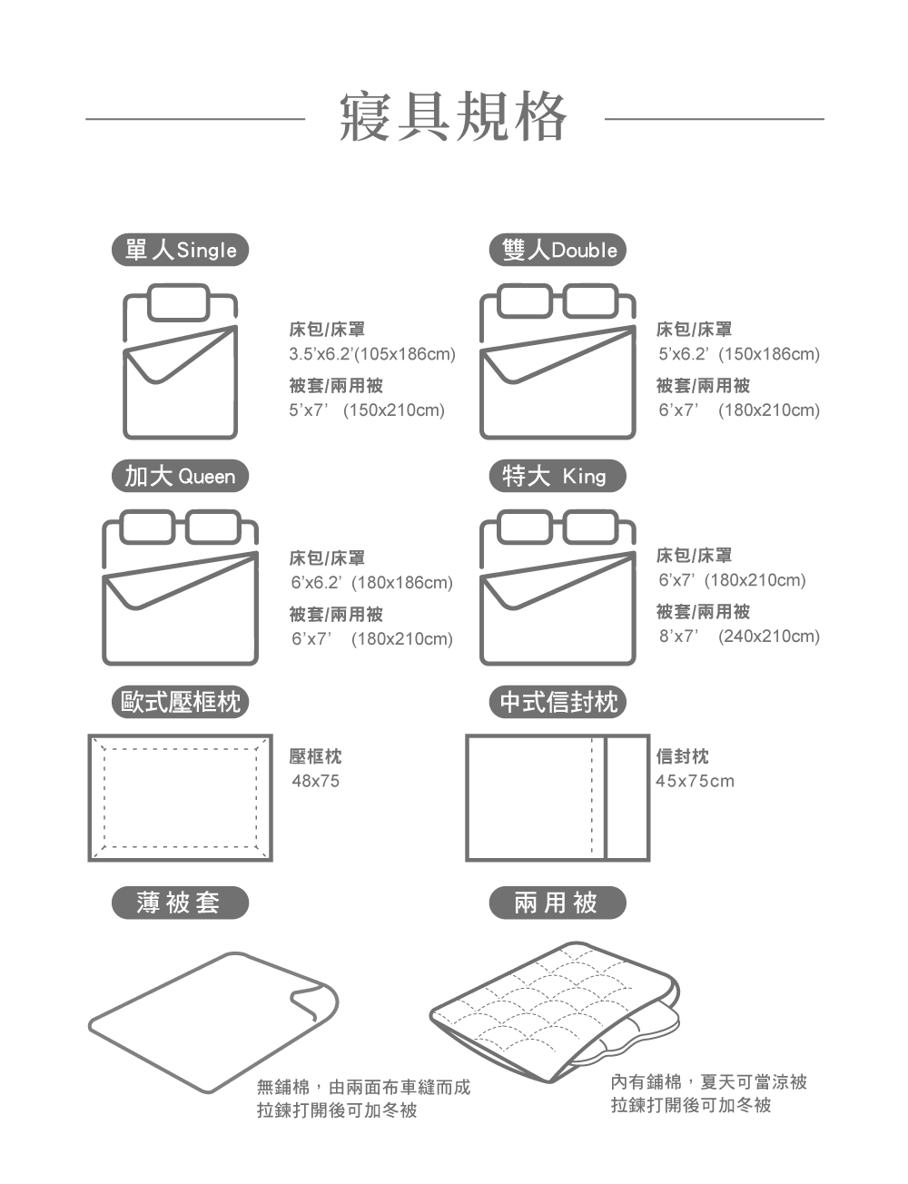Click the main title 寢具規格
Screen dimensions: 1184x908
click(453, 117)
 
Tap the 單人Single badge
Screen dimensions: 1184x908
click(180, 250)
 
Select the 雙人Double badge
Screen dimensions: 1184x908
click(558, 250)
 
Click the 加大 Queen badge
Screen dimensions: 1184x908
click(180, 476)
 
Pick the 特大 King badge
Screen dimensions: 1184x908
click(558, 476)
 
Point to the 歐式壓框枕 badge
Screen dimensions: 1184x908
click(180, 702)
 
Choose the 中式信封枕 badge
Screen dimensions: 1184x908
click(558, 702)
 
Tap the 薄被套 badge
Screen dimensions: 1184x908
click(180, 903)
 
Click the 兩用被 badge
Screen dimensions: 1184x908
click(558, 903)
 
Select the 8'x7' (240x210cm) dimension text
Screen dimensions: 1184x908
click(739, 636)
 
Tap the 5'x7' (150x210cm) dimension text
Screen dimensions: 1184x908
click(367, 410)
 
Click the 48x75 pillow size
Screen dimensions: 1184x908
click(315, 781)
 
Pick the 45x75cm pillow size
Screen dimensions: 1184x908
click(695, 781)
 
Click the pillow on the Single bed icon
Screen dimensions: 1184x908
click(179, 302)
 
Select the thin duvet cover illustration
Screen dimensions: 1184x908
click(213, 1021)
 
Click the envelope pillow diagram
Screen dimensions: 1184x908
click(557, 797)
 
